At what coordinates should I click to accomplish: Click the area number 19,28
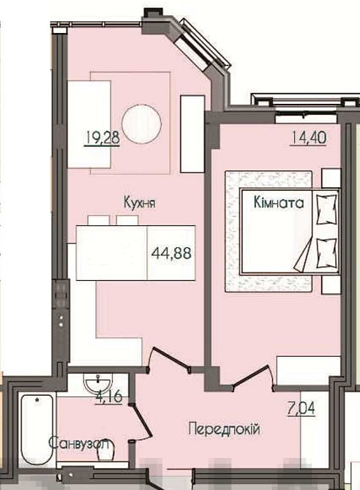(102, 138)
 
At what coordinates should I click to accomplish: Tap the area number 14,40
(309, 137)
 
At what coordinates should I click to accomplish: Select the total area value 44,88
(171, 252)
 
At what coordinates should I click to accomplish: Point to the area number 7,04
(301, 408)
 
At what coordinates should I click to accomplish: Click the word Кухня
(140, 203)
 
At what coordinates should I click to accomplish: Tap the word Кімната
(278, 203)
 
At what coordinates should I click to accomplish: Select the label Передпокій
(224, 430)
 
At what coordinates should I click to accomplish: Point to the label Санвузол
(80, 443)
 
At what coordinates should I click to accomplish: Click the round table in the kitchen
(142, 124)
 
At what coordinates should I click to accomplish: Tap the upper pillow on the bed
(327, 209)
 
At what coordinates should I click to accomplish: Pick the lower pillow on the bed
(327, 253)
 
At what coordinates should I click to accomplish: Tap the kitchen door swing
(168, 359)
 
